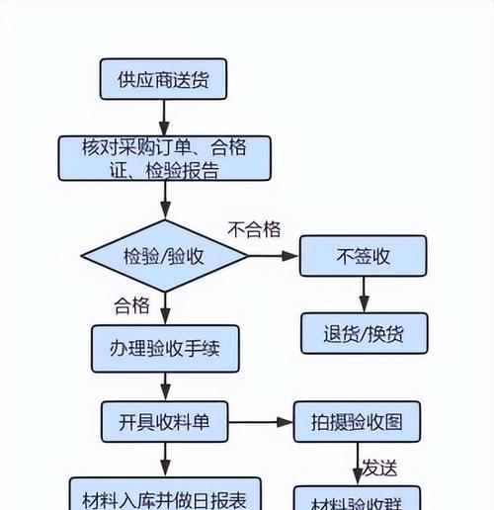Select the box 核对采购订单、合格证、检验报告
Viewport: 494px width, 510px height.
point(164,158)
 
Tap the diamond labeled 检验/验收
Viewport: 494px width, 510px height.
point(164,256)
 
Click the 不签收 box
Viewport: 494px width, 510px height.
point(363,256)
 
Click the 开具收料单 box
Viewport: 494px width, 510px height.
point(164,421)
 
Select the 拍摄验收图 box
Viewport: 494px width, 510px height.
point(363,421)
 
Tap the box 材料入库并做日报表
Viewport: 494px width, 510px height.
point(164,493)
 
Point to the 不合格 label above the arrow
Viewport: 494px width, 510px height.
point(254,230)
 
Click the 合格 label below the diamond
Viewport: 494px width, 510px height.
point(132,303)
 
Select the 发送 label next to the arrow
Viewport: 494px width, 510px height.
point(379,466)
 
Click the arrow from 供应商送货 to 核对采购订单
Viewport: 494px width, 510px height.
point(164,116)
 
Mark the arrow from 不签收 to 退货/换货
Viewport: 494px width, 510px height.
point(363,294)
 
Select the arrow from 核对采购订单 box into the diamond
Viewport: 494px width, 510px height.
point(164,201)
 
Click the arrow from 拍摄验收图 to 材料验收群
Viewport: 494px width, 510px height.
point(358,463)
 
